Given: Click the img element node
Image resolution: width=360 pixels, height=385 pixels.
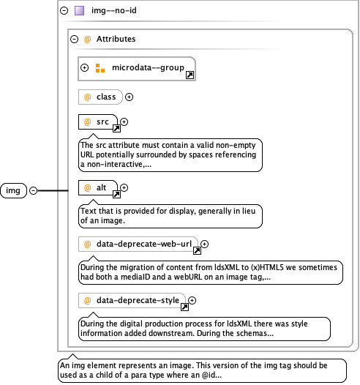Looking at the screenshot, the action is coord(13,190).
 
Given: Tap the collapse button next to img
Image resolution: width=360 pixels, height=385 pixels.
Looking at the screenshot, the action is coord(33,190).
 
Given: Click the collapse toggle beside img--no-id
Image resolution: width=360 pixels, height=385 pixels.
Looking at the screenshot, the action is coord(64,10).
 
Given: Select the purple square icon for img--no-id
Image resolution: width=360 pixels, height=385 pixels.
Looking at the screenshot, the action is coord(79,10).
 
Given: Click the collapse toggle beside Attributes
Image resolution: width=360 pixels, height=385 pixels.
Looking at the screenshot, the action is coord(74,39).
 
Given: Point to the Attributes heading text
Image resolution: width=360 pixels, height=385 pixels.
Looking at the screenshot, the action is coord(116,39).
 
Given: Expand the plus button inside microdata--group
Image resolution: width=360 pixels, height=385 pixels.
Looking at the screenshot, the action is coord(84,67).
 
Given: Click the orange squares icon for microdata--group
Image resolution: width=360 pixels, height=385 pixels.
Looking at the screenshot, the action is coord(100,68).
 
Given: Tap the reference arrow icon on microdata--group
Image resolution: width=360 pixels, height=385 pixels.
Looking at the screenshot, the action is coord(190,75).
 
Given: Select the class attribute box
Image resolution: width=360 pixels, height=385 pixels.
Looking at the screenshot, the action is coord(100,97).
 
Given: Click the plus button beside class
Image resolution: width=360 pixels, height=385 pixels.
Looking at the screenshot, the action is coord(129,97).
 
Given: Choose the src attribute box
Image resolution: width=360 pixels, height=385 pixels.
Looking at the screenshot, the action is coord(98,122).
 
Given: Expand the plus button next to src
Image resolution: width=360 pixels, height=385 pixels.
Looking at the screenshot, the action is coord(124,122).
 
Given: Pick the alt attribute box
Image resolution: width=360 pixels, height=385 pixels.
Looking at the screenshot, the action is coord(98,188).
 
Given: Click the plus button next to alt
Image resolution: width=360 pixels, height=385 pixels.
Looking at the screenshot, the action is coord(124,188).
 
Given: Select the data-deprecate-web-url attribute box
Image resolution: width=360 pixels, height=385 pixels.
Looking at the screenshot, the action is coord(138,244).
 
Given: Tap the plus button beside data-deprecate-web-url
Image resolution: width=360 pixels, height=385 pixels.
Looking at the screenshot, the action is coord(204,244).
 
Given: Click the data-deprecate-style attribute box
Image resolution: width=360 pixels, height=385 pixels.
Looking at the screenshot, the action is coord(132,300).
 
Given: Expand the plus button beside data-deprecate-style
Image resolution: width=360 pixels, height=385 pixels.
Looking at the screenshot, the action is coord(192,300).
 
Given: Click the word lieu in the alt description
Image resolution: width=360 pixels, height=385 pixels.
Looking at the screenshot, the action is coord(249,211).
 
